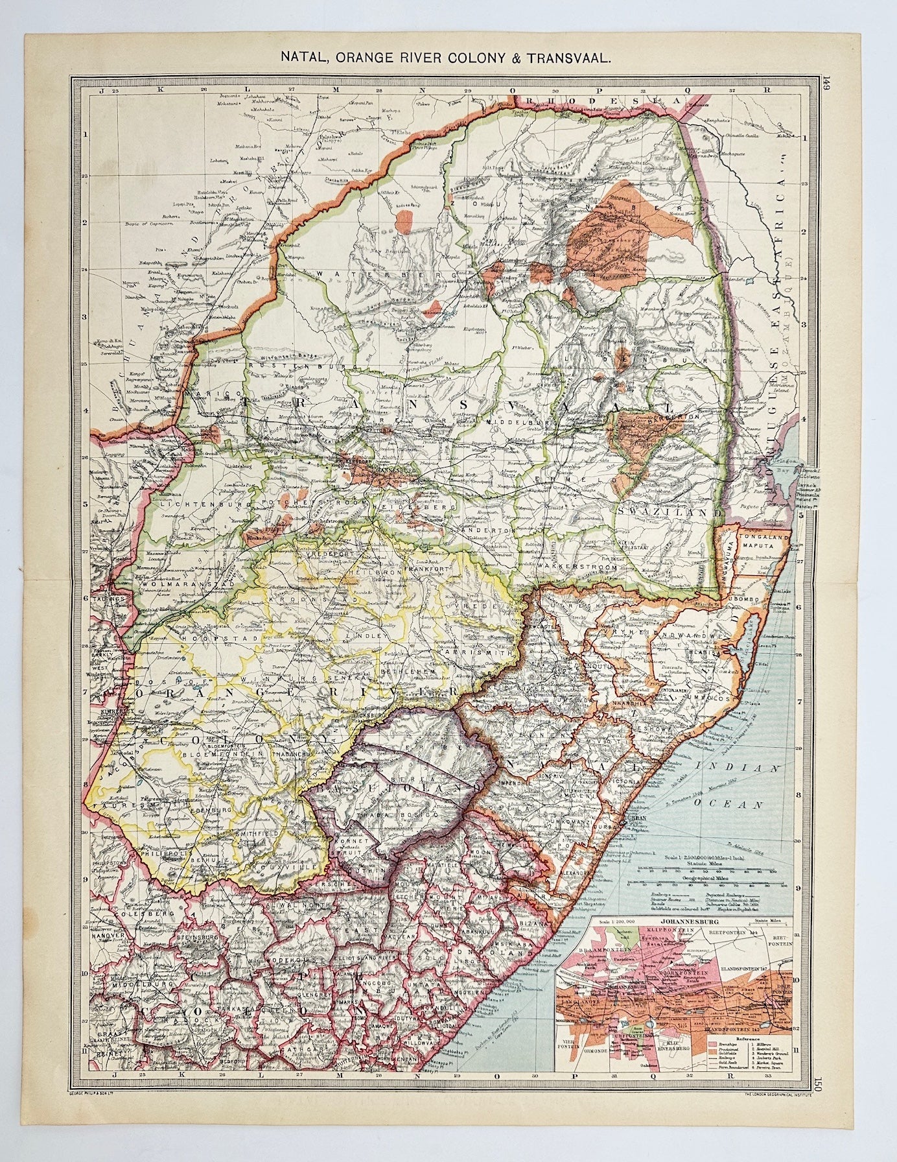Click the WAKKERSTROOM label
pos(575,565)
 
